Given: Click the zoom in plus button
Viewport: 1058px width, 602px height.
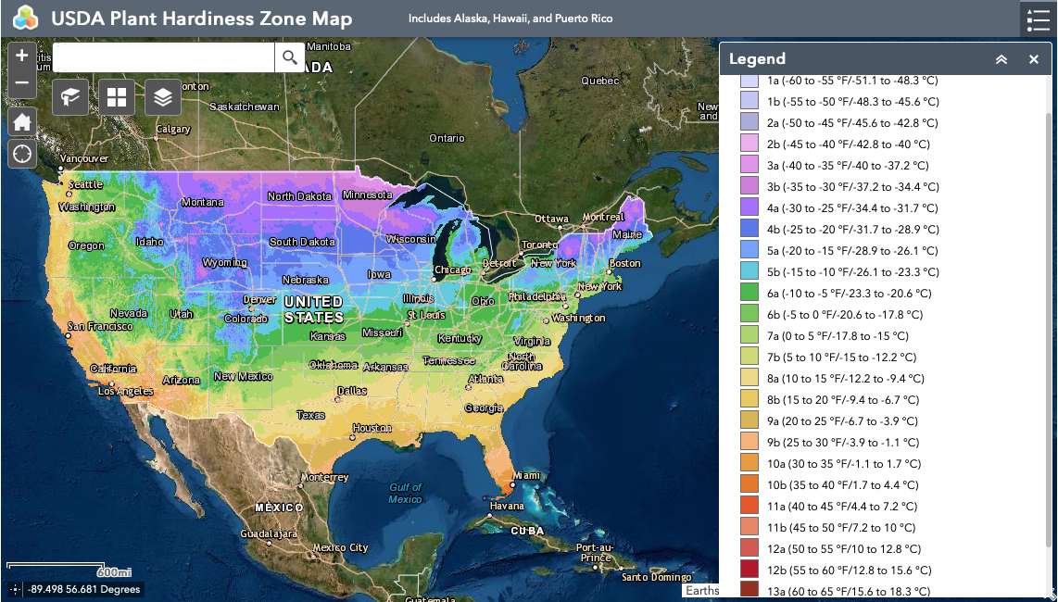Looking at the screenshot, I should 22,56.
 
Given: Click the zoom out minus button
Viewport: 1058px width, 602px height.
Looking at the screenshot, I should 22,83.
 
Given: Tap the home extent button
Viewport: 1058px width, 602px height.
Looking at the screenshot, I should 22,121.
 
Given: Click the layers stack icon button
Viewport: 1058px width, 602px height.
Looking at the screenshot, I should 163,97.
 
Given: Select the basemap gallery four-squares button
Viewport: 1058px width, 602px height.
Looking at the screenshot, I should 117,97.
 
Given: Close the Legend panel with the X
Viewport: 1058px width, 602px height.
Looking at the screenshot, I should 1034,59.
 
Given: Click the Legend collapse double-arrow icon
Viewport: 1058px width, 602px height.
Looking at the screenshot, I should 1001,59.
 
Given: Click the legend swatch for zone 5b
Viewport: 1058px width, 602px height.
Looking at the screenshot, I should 749,271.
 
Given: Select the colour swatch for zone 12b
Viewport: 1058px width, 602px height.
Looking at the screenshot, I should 749,570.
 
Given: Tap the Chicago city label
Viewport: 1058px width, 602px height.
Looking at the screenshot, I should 453,270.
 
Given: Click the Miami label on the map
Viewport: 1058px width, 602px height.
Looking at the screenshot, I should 525,475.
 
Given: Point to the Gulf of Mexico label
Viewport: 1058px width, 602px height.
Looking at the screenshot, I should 405,493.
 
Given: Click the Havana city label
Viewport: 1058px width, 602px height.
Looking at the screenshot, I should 507,506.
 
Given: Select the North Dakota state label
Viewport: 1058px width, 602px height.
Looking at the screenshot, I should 299,196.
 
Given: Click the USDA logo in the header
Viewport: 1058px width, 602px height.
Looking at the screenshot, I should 25,18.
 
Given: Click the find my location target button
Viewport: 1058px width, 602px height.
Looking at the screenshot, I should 22,153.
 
